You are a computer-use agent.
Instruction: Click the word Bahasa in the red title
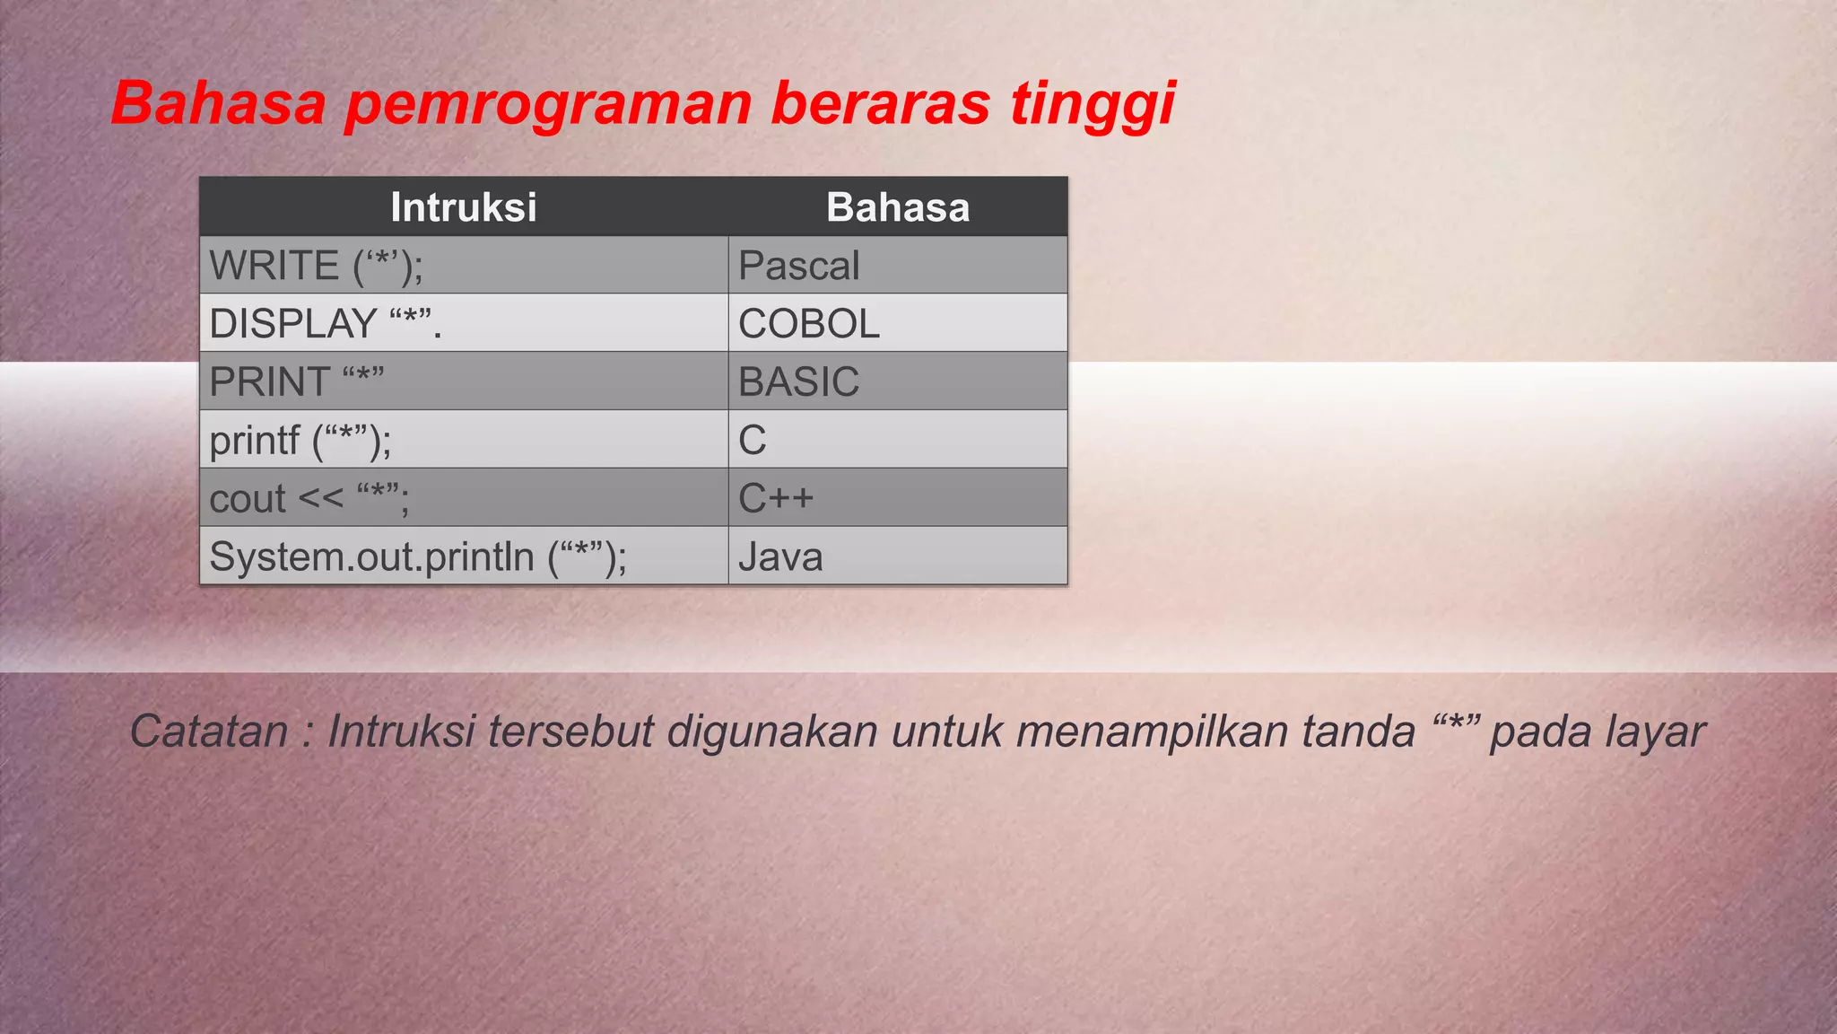coord(218,103)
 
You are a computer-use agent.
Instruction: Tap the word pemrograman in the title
coord(547,105)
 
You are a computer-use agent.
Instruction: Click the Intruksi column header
coord(464,207)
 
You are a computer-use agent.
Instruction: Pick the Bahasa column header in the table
coord(898,207)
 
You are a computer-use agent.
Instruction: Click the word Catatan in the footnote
coord(209,731)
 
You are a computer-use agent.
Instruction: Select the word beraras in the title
coord(880,103)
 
